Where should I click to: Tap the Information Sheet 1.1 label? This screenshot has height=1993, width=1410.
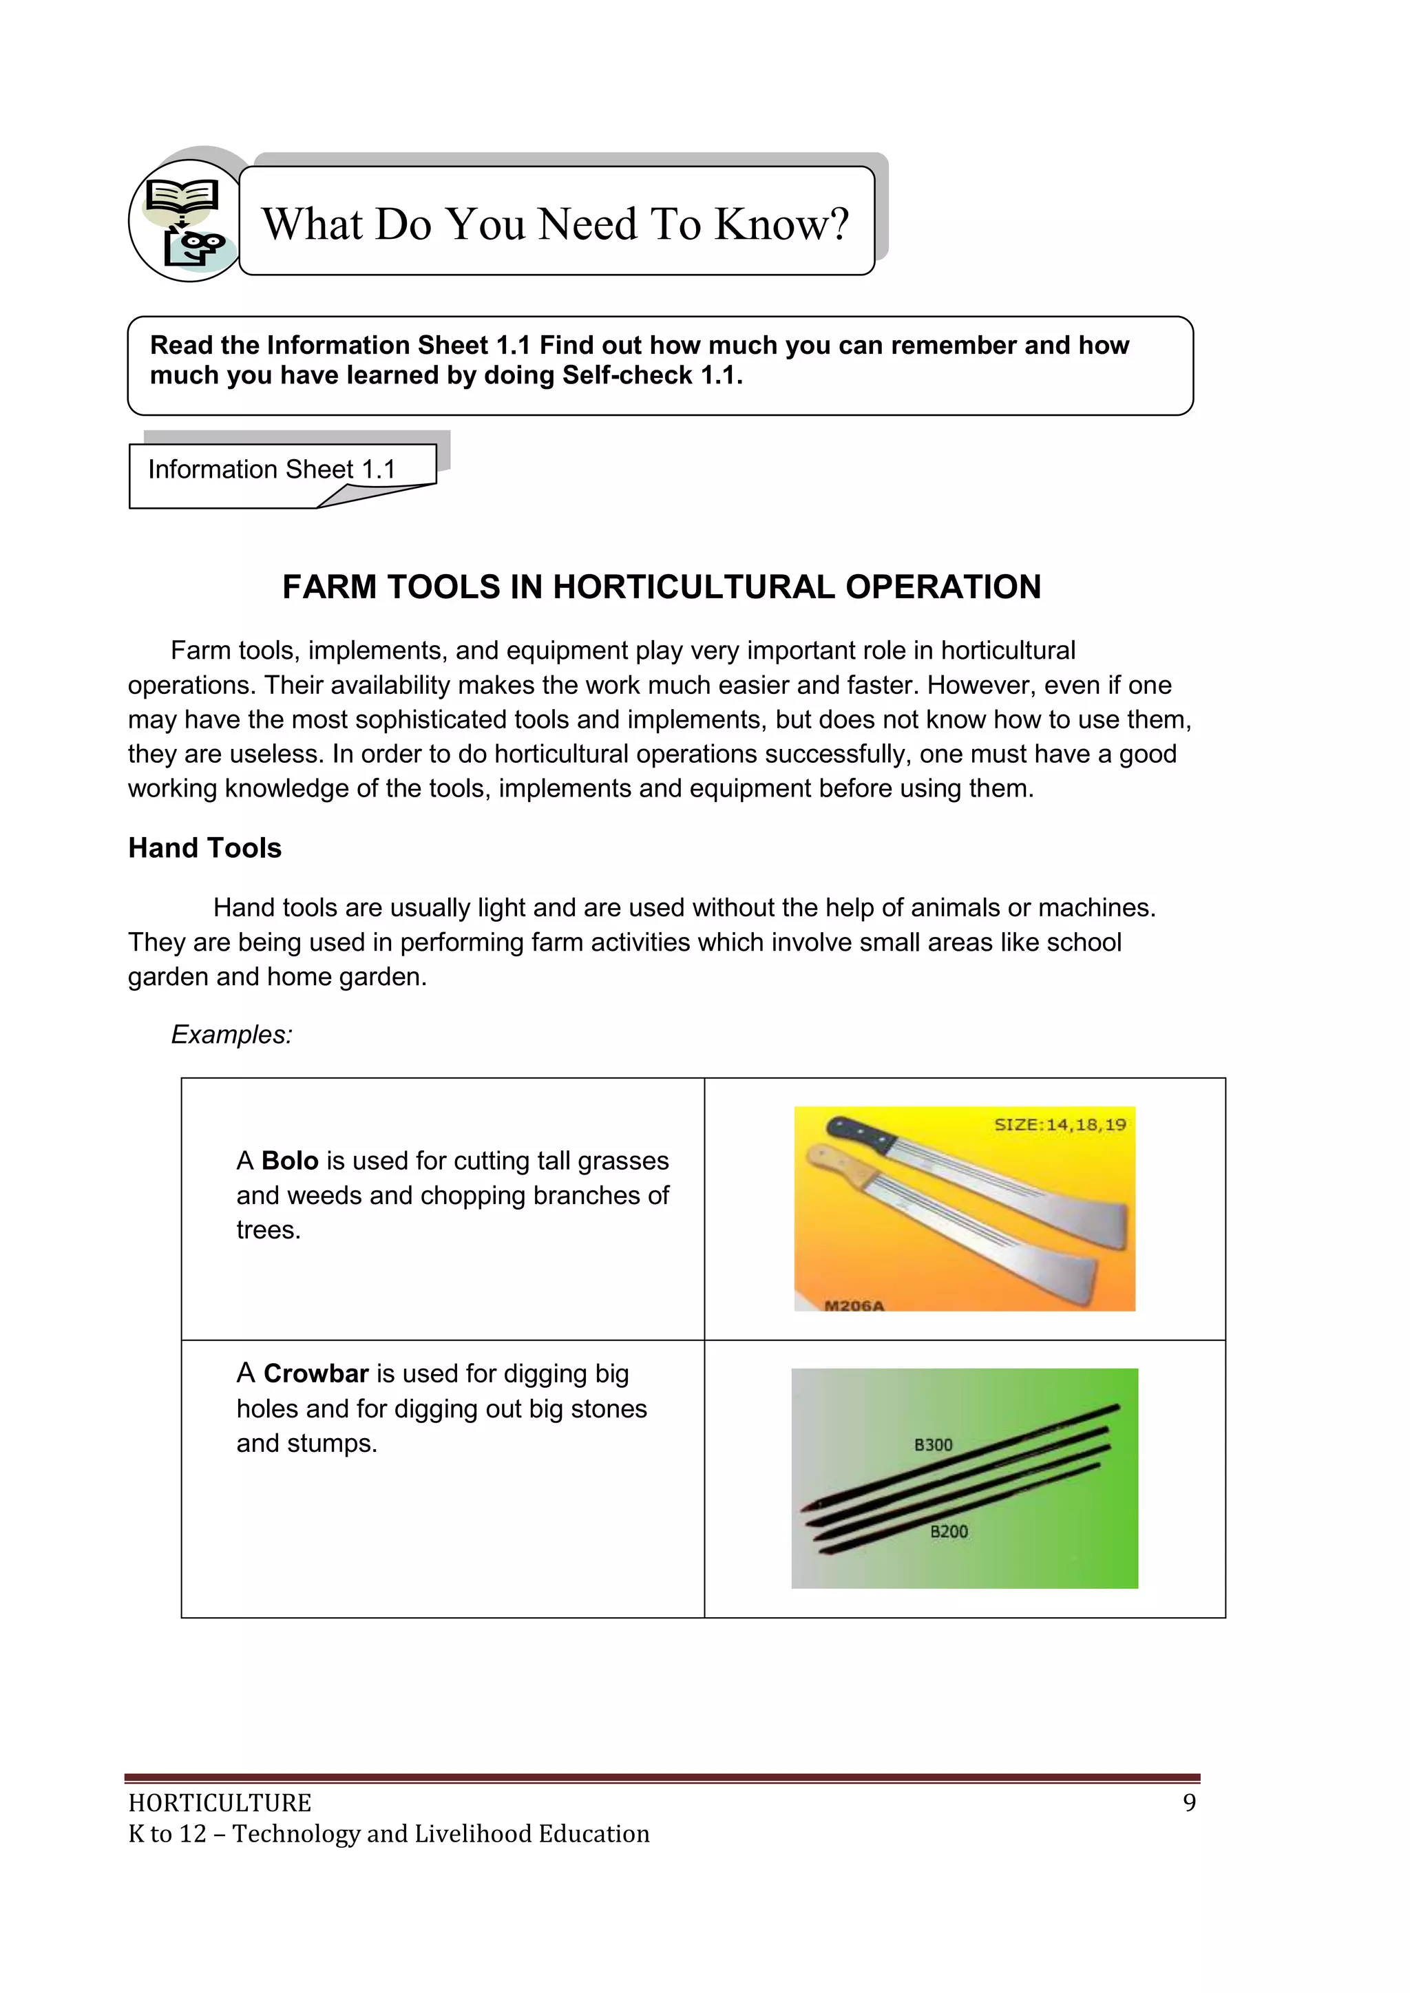[272, 470]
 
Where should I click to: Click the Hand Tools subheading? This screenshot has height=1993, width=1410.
[205, 848]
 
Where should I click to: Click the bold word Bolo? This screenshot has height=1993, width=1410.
[289, 1161]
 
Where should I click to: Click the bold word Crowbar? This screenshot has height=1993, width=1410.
[316, 1374]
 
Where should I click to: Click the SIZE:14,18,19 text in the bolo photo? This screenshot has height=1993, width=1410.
[1060, 1125]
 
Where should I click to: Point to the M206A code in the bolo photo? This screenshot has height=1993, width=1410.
[854, 1305]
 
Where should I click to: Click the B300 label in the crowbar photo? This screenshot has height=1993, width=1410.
[934, 1445]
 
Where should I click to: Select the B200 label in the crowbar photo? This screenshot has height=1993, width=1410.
[949, 1532]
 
